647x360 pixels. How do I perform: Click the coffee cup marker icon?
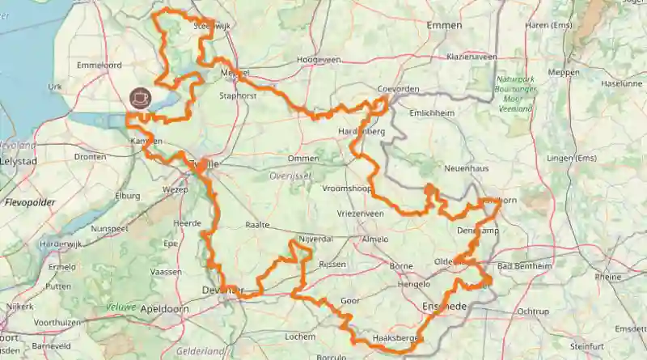(140, 97)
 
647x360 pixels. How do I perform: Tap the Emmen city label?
(445, 26)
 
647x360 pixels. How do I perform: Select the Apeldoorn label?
(164, 309)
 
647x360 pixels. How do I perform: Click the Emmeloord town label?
(98, 65)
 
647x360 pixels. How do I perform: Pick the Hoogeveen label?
(316, 60)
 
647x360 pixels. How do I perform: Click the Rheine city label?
(607, 276)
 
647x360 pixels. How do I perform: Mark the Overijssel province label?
(285, 175)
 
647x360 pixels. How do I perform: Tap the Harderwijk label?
(61, 244)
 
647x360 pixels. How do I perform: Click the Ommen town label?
(303, 159)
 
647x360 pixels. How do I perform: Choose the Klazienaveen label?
(474, 57)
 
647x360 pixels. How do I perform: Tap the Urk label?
(55, 87)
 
